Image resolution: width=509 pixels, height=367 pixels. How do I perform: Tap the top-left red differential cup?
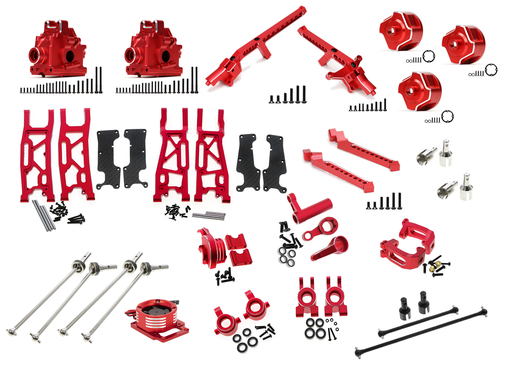point(401,31)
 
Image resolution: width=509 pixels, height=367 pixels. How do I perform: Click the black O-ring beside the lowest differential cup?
point(447,117)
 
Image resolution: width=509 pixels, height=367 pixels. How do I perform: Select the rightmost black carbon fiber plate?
point(275,164)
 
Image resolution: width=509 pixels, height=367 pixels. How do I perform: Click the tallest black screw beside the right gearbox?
point(195,80)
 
